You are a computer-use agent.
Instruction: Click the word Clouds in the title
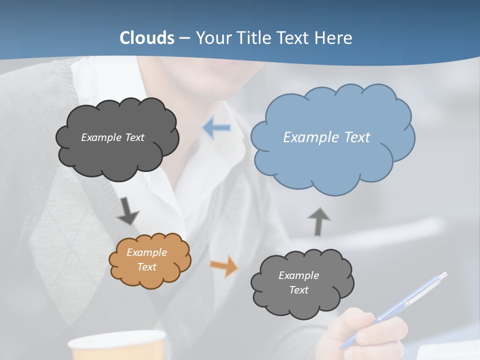point(147,38)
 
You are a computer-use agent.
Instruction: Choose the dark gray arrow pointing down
point(127,211)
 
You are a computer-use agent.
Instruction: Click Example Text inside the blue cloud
point(326,137)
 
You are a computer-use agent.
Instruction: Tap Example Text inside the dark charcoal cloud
point(112,137)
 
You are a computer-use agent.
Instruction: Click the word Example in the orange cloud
point(146,252)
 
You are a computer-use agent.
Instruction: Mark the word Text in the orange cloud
point(146,267)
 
